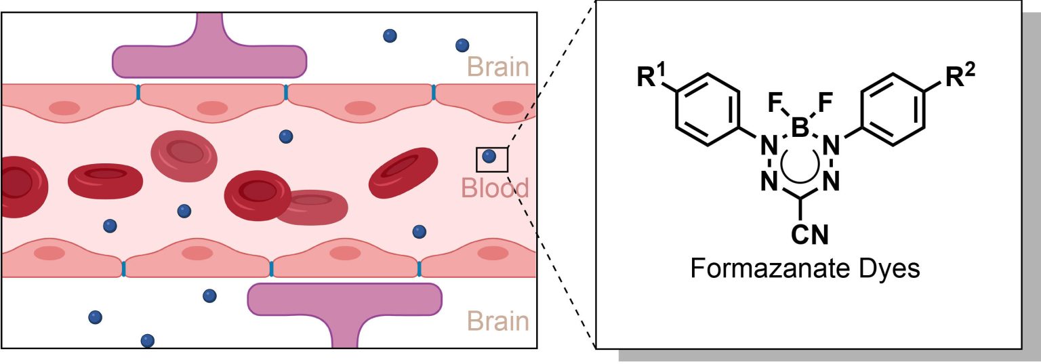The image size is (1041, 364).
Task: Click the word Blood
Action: (x=495, y=188)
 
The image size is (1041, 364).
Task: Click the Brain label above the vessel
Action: (x=497, y=67)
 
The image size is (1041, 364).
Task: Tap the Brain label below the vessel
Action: (x=497, y=321)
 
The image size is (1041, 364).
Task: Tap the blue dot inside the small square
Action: (x=489, y=157)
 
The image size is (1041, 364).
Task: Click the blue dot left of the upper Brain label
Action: (x=462, y=45)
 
